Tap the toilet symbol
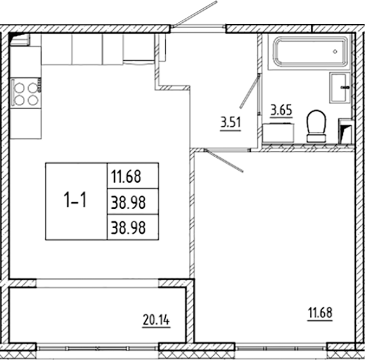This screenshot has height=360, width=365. [316, 126]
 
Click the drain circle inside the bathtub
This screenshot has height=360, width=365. [336, 52]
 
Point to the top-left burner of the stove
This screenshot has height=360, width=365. [19, 87]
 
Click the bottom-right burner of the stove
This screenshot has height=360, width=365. [32, 100]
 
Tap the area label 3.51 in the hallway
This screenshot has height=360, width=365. [230, 123]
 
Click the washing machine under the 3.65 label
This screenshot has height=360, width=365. [279, 133]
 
